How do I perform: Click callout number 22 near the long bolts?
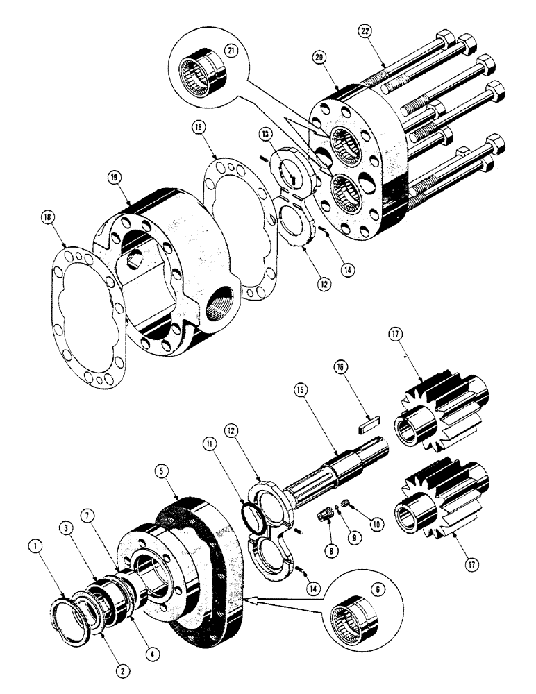(x=366, y=31)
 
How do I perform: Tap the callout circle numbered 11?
(x=208, y=443)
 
